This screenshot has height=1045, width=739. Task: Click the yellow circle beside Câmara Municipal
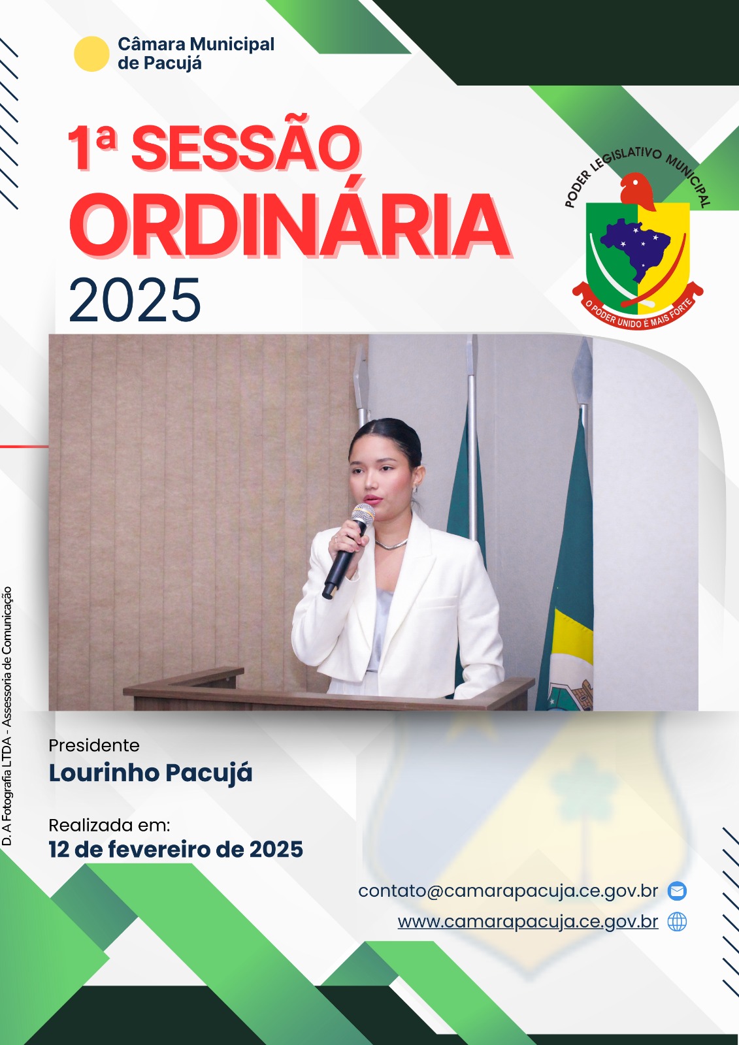[91, 54]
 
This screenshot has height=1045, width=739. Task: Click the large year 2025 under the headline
[135, 300]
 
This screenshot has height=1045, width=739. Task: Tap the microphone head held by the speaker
[363, 514]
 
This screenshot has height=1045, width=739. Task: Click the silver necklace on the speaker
[391, 544]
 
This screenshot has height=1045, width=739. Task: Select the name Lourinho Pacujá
[150, 773]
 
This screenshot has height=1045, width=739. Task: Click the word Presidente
[94, 745]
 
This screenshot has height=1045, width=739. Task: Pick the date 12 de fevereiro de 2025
[176, 849]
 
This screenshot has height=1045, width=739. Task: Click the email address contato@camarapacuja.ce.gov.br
[508, 891]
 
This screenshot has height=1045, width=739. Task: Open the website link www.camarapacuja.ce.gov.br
[528, 922]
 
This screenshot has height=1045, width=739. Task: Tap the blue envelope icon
[677, 891]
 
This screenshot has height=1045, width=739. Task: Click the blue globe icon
[677, 922]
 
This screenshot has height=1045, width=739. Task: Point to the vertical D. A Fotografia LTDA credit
[7, 716]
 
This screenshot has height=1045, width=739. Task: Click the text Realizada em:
[109, 826]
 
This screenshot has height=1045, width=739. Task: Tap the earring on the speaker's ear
[415, 489]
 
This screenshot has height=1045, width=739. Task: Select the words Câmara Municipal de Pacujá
[196, 54]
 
